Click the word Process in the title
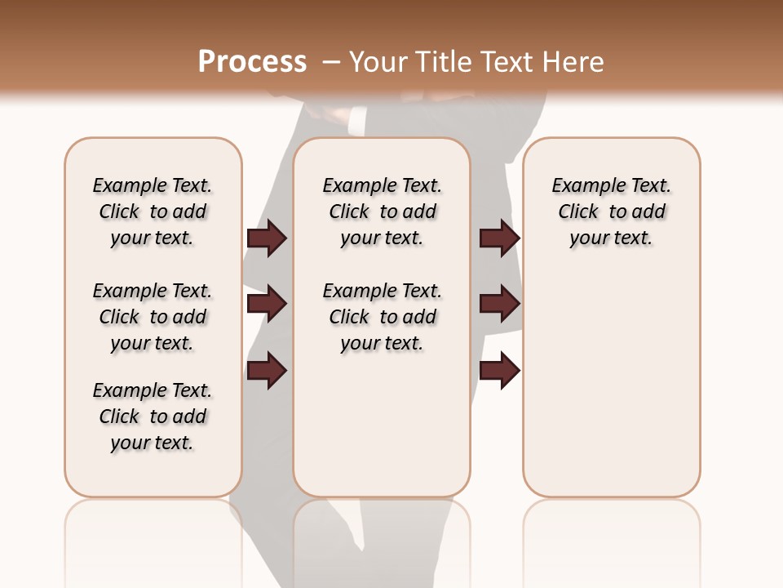tap(252, 61)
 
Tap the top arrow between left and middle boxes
tap(267, 238)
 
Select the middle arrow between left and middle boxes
tap(267, 305)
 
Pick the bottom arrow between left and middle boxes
tap(267, 371)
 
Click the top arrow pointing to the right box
tap(499, 238)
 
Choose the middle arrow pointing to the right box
tap(499, 305)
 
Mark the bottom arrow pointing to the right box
tap(499, 371)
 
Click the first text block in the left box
tap(153, 212)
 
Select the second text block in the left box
tap(153, 317)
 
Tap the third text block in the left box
tap(153, 416)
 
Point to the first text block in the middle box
tap(383, 212)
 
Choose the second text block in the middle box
tap(383, 317)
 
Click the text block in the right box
tap(612, 212)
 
